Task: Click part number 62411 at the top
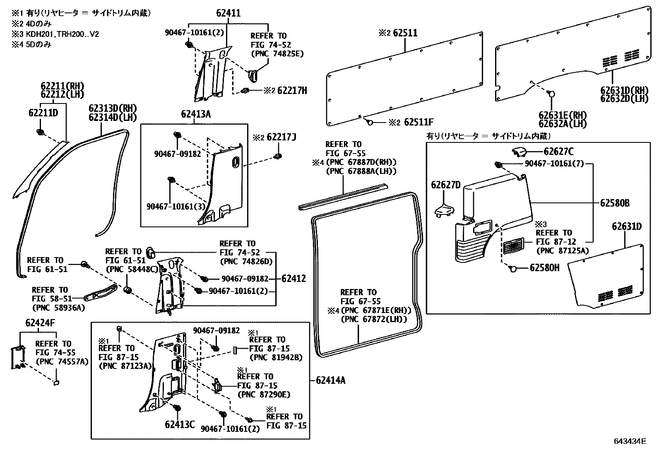click(x=228, y=13)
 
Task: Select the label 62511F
click(x=418, y=122)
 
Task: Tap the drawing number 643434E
click(x=630, y=442)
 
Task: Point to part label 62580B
click(x=615, y=203)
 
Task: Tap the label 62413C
click(x=180, y=424)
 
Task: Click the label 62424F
click(x=40, y=323)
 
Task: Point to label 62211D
click(x=43, y=113)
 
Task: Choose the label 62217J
click(x=281, y=137)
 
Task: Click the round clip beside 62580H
click(x=513, y=269)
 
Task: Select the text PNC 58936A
click(x=58, y=308)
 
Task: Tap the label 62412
click(x=293, y=279)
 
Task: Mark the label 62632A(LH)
click(x=563, y=123)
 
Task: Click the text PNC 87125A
click(x=563, y=250)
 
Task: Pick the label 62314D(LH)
click(x=112, y=117)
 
